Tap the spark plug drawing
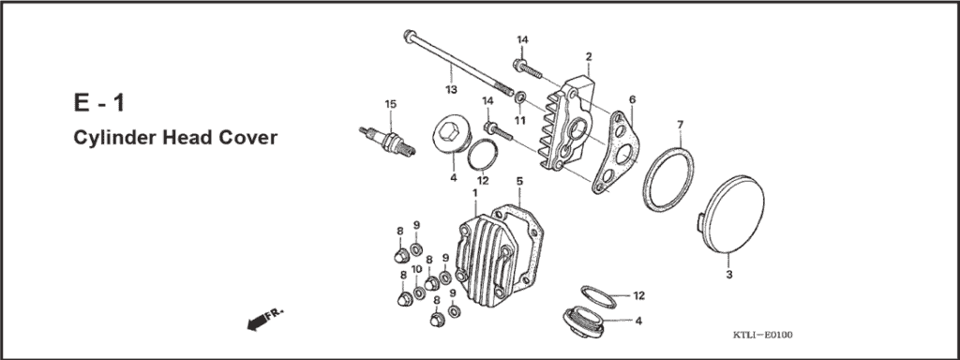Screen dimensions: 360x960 (384, 139)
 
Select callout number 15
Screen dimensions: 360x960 (390, 103)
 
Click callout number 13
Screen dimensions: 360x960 (451, 89)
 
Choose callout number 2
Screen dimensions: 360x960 (588, 56)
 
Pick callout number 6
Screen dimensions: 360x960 (633, 98)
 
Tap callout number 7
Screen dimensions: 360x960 (681, 124)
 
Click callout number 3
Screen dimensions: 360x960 (728, 276)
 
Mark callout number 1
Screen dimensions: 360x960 (475, 192)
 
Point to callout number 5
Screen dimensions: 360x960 (518, 180)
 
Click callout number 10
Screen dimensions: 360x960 (417, 269)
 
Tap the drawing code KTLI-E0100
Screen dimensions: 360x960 (763, 335)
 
